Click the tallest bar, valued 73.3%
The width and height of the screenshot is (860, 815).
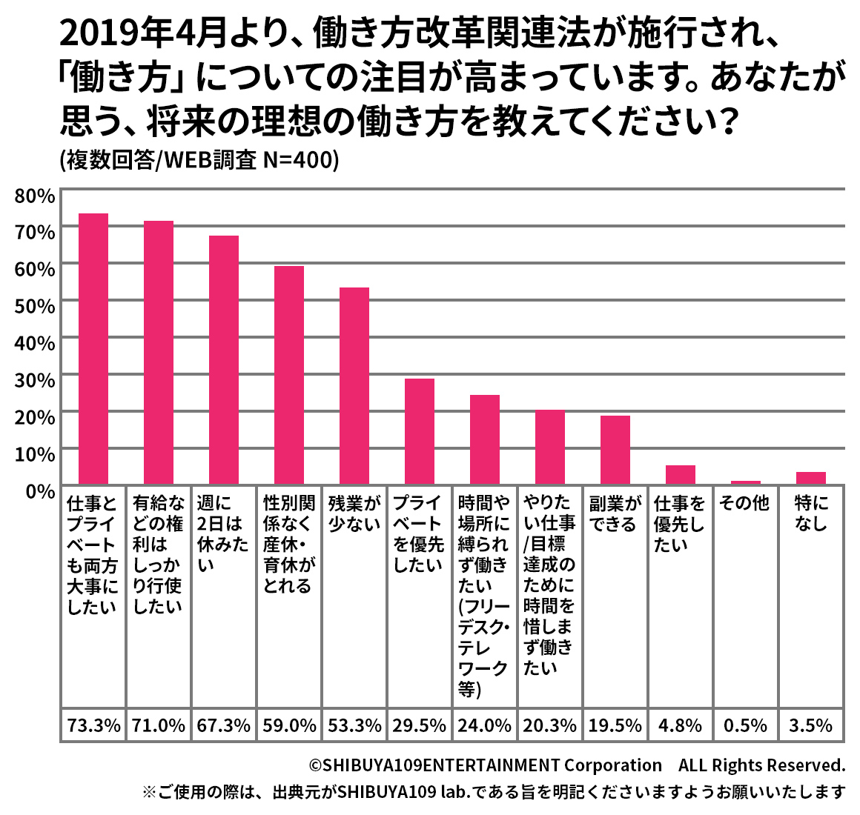[93, 348]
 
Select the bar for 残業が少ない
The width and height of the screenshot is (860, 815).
[354, 385]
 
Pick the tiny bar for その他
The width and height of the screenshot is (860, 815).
[745, 482]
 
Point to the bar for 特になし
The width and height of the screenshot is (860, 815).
[810, 478]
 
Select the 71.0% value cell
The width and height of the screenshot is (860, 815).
[159, 725]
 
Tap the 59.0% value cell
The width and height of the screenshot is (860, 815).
[289, 725]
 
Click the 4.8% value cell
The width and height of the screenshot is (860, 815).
[680, 725]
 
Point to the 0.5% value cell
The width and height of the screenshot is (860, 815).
[745, 725]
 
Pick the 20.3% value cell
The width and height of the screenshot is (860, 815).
[549, 725]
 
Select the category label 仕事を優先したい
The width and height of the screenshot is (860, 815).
[679, 524]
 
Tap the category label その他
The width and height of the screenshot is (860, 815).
[744, 504]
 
